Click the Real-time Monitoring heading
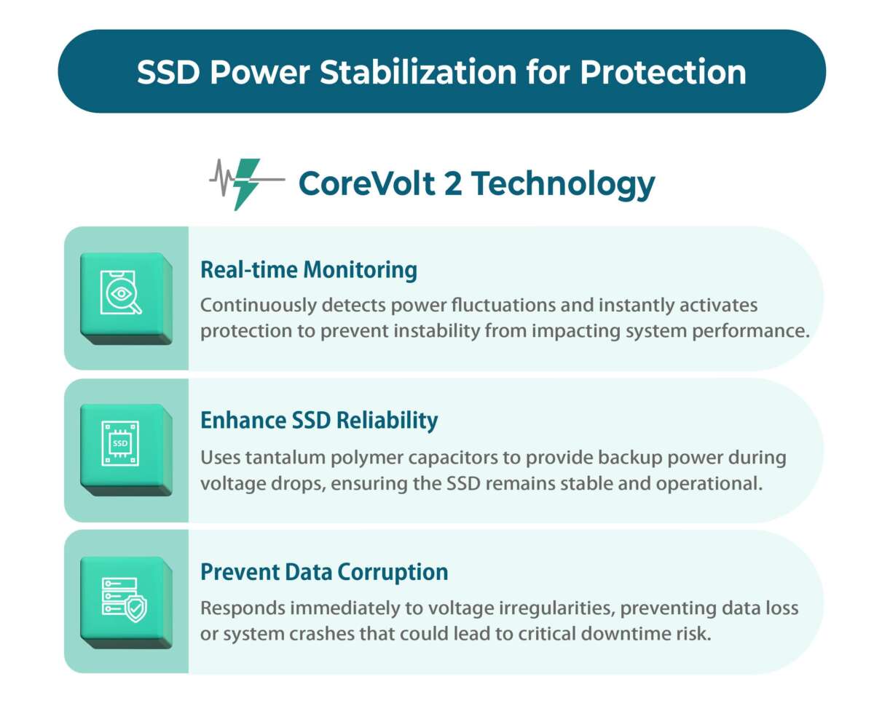[309, 270]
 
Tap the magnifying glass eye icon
[121, 293]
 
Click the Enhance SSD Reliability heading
[319, 421]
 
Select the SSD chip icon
[119, 442]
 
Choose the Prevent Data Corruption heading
[324, 572]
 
